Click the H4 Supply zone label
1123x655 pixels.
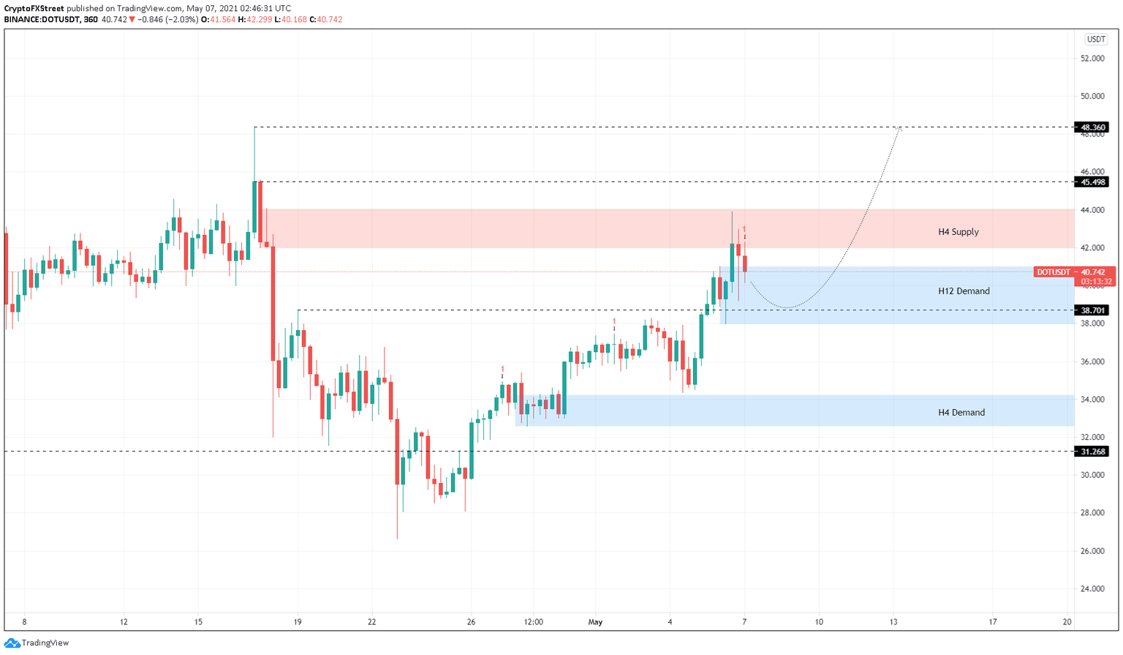click(958, 232)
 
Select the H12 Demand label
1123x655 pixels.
click(964, 291)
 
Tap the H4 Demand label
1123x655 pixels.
click(961, 413)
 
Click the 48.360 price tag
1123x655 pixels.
click(1091, 127)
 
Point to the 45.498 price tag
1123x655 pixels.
click(1091, 182)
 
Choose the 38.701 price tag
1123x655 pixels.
click(1091, 310)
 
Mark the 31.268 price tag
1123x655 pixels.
click(1091, 452)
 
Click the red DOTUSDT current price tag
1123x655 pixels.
click(1074, 272)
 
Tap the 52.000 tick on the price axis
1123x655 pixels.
click(1092, 59)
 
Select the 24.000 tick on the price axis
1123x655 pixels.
click(1092, 589)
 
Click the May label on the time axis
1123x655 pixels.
click(595, 623)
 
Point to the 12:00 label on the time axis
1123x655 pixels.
click(533, 623)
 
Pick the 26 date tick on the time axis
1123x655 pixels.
click(471, 623)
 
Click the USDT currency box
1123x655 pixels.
click(1095, 40)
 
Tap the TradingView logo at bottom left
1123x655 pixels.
click(37, 643)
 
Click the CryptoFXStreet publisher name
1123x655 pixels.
click(34, 9)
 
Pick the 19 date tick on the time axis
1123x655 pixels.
click(298, 623)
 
